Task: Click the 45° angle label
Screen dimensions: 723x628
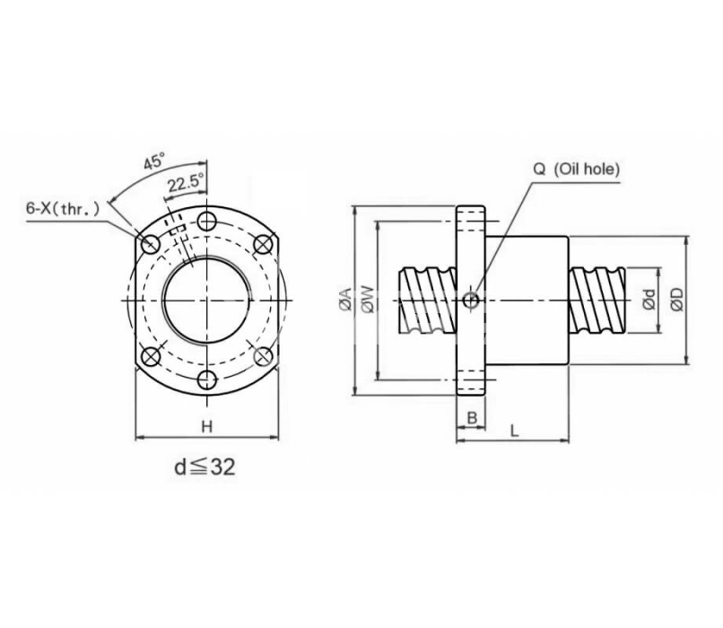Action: [x=154, y=162]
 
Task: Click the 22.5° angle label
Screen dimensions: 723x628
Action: [x=185, y=185]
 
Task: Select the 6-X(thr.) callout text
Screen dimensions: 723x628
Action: [x=62, y=209]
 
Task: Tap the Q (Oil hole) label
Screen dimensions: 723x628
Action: [x=577, y=170]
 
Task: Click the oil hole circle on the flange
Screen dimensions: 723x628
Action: [x=471, y=301]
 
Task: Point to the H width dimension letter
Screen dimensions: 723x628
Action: [x=207, y=426]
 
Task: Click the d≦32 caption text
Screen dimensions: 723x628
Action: [x=205, y=467]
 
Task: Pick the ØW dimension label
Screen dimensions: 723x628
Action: [x=369, y=300]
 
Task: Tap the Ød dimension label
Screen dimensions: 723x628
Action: [x=649, y=300]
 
